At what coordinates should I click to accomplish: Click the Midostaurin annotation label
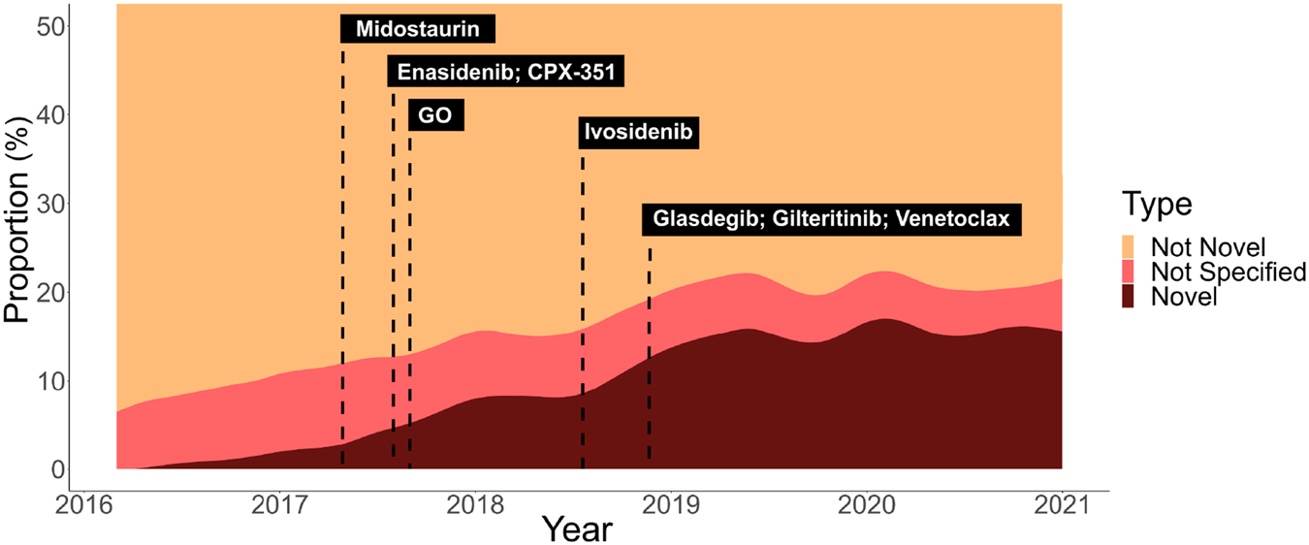click(x=418, y=29)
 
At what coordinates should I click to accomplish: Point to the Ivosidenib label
click(x=639, y=133)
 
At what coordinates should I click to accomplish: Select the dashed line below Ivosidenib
click(x=582, y=291)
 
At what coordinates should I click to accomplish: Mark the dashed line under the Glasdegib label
click(x=649, y=349)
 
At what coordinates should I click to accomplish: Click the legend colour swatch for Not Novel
click(x=1133, y=245)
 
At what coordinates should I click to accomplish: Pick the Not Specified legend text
click(x=1228, y=272)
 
